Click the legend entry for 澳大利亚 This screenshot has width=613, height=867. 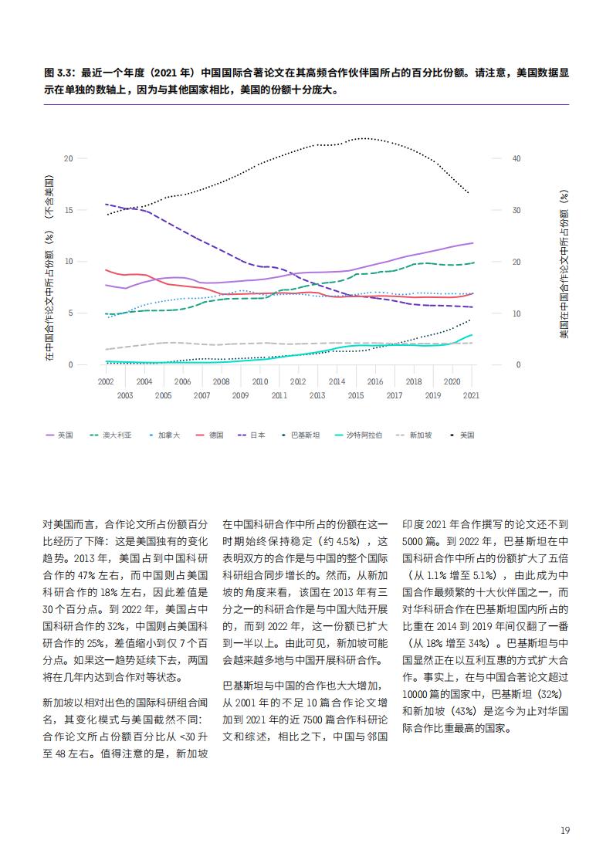[110, 435]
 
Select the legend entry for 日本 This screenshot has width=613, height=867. [251, 435]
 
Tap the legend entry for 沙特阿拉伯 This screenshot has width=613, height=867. [358, 435]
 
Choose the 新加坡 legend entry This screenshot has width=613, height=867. [414, 435]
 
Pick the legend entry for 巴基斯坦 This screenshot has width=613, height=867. [300, 435]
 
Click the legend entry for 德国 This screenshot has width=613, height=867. [209, 435]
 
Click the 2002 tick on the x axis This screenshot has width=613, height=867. [106, 381]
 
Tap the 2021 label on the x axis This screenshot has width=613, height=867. [471, 395]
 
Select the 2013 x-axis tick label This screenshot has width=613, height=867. [317, 395]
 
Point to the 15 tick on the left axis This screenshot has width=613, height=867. [69, 210]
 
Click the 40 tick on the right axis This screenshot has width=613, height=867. [516, 159]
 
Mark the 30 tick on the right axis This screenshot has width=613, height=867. [516, 210]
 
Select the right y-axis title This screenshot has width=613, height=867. [564, 264]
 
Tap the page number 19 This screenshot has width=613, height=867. [564, 830]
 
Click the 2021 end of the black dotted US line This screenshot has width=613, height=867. [470, 194]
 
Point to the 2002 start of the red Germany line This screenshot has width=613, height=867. [106, 270]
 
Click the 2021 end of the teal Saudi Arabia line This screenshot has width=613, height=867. [472, 334]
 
